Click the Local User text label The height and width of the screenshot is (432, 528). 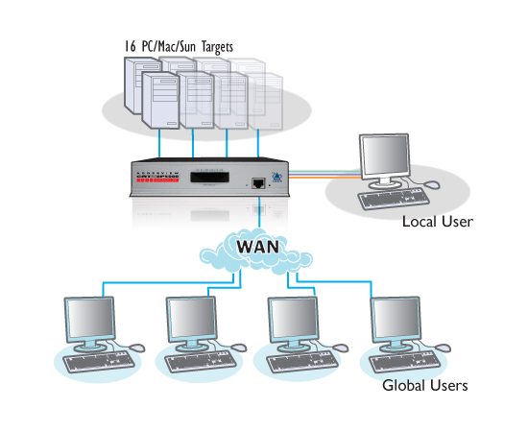point(438,222)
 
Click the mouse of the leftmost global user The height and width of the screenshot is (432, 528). point(137,347)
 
